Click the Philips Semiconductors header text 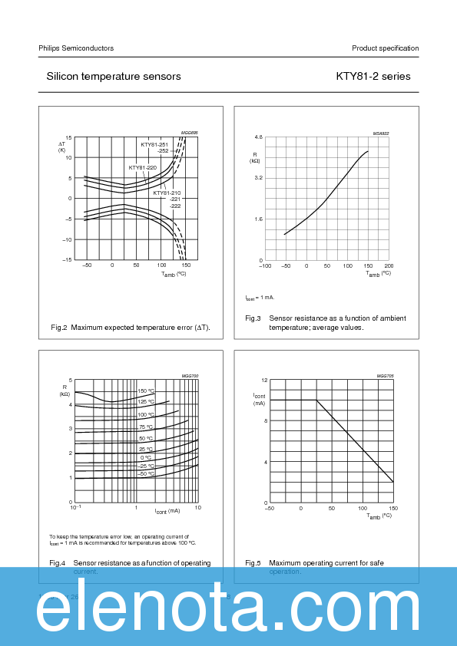click(x=76, y=48)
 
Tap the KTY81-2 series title click(x=373, y=77)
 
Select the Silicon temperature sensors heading click(x=114, y=77)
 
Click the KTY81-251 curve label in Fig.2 click(x=154, y=144)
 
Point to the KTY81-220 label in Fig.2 click(x=142, y=167)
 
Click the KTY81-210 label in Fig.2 click(x=167, y=193)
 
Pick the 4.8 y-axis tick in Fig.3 click(x=258, y=137)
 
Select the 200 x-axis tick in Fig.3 click(x=389, y=266)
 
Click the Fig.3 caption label click(x=253, y=318)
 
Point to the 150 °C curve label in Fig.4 click(x=146, y=391)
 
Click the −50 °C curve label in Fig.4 click(x=145, y=474)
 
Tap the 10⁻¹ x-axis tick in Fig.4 click(x=75, y=508)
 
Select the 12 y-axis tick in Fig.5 click(x=264, y=381)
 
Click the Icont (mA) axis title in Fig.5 click(x=260, y=399)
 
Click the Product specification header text click(x=385, y=48)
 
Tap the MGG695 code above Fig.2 click(x=189, y=133)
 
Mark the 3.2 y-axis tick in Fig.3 click(x=258, y=178)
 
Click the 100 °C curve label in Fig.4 click(x=146, y=415)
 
